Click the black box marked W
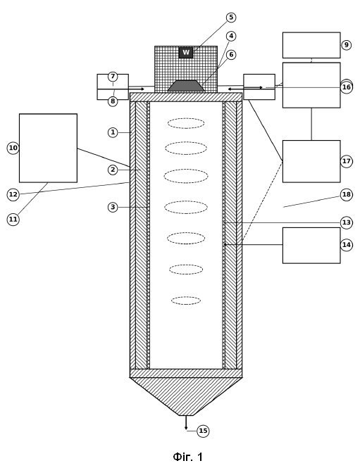tap(186, 53)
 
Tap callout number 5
tap(231, 18)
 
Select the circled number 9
tap(346, 45)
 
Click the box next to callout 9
tap(311, 45)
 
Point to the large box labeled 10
tap(48, 148)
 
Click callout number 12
tap(13, 195)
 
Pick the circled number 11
tap(13, 220)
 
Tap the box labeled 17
tap(311, 161)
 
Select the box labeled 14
tap(311, 246)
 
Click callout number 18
tap(346, 195)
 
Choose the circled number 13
tap(346, 222)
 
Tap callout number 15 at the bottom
tap(203, 431)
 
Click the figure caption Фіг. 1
tap(187, 457)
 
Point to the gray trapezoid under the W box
tap(186, 86)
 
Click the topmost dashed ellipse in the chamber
tap(186, 123)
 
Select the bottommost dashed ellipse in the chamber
tap(186, 301)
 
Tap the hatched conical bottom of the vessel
tap(186, 393)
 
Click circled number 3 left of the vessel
tap(113, 207)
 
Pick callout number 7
tap(113, 77)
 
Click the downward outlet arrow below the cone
tap(186, 423)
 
